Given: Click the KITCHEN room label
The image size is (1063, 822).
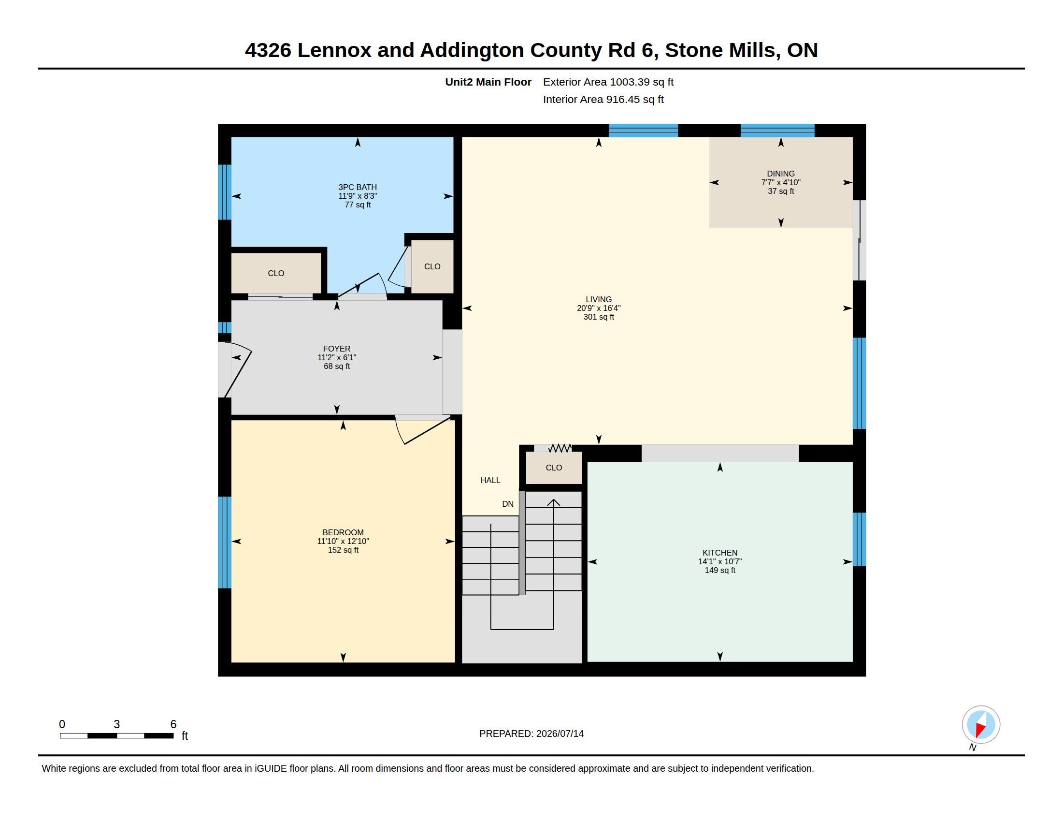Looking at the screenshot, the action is pos(720,553).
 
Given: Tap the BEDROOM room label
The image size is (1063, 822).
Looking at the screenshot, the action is pos(343,532).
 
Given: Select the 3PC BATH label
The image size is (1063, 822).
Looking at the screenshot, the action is pos(358,187).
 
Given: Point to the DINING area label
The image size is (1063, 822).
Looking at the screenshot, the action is pos(781,174).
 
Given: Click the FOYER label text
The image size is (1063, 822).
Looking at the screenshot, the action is pos(337,349).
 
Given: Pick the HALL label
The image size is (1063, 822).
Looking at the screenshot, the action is pos(490,480).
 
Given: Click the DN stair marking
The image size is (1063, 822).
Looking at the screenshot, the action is pos(508,504).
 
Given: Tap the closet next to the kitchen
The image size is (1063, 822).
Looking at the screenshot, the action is pos(554,468).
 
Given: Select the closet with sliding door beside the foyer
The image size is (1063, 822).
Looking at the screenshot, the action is pos(276,273).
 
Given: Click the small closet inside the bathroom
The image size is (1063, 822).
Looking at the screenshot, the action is pos(432,266).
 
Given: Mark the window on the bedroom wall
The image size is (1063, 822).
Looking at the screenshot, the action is pos(224,543).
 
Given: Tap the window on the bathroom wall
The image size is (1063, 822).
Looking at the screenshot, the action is pos(224,192).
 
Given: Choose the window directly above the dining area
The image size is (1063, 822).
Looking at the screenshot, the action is pos(777,131).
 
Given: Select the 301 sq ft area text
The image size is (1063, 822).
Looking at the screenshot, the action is pos(599,317).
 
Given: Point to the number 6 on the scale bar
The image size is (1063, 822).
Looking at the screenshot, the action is pos(173,724).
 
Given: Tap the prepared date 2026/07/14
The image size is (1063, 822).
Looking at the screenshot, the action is pos(560,734).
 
